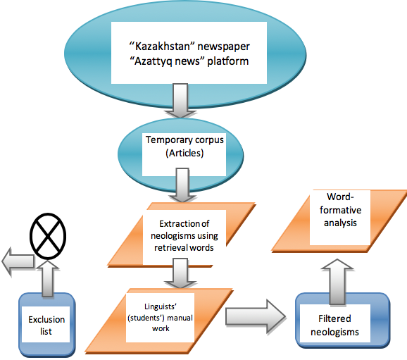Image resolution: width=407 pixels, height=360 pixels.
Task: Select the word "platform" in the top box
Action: [227, 61]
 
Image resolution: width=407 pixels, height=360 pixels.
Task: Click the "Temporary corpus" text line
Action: [184, 140]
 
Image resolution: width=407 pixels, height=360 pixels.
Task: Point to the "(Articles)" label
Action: [184, 153]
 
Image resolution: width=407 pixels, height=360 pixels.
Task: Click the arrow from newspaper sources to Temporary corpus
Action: [180, 101]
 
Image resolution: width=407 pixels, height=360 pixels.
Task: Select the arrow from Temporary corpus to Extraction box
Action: [182, 185]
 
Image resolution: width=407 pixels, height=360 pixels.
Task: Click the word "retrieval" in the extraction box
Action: [171, 248]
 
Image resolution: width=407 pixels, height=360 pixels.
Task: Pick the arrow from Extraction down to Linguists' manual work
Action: [180, 273]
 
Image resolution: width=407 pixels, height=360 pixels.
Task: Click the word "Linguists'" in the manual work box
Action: [161, 306]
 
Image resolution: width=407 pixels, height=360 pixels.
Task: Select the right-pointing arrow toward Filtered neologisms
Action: [256, 316]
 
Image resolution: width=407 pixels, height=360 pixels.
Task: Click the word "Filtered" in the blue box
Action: [334, 318]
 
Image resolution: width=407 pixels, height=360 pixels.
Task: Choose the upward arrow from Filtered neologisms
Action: [337, 282]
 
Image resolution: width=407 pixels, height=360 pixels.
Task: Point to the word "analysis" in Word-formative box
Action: [340, 223]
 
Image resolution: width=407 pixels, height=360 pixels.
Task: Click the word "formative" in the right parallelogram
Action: [340, 210]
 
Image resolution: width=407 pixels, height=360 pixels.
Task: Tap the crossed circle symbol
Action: [48, 236]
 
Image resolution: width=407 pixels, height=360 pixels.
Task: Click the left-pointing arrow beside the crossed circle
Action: [18, 261]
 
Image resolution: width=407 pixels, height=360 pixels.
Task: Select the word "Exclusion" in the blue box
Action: [46, 319]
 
